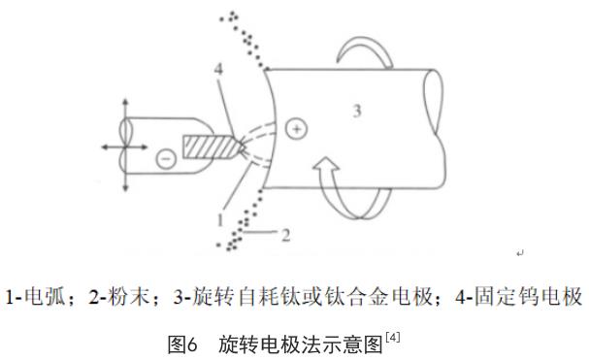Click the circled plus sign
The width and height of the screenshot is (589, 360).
pyautogui.click(x=296, y=129)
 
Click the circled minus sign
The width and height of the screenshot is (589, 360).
pyautogui.click(x=166, y=158)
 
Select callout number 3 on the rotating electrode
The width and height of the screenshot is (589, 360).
pyautogui.click(x=357, y=111)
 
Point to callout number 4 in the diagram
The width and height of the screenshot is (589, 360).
pyautogui.click(x=218, y=69)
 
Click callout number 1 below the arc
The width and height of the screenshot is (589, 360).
pyautogui.click(x=220, y=219)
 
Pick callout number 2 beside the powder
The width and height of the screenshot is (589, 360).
pyautogui.click(x=285, y=235)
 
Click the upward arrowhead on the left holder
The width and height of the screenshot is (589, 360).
pyautogui.click(x=125, y=102)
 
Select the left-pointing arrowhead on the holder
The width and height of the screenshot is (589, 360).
pyautogui.click(x=106, y=147)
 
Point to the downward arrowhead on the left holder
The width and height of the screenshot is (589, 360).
pyautogui.click(x=125, y=187)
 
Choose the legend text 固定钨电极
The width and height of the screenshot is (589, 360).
pyautogui.click(x=528, y=297)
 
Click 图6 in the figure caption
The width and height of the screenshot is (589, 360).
pyautogui.click(x=182, y=344)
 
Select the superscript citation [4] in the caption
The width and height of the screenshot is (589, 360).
pyautogui.click(x=392, y=338)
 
